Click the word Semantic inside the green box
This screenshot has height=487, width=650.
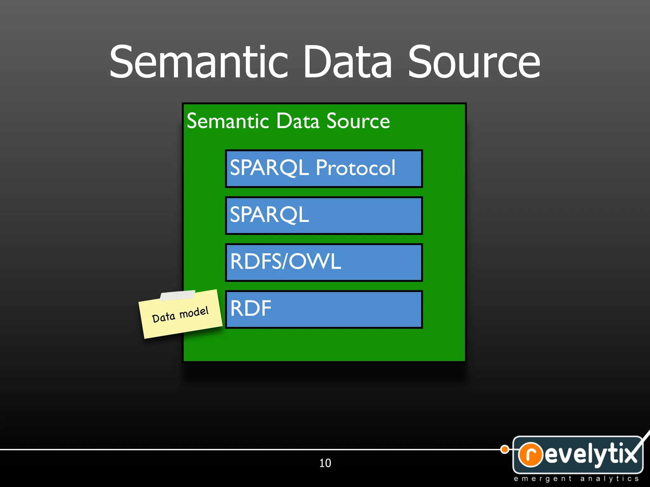pyautogui.click(x=228, y=121)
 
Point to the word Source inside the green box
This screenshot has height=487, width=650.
pyautogui.click(x=358, y=121)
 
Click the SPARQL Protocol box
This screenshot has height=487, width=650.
pyautogui.click(x=324, y=169)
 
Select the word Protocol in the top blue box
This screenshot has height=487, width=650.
pyautogui.click(x=355, y=168)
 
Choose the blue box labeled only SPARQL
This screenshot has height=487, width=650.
pyautogui.click(x=324, y=216)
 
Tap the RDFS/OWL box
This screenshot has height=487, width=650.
pyautogui.click(x=324, y=263)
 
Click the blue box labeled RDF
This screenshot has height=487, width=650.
pyautogui.click(x=324, y=309)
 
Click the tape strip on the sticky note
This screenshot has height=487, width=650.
pyautogui.click(x=177, y=295)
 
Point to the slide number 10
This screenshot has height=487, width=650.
pyautogui.click(x=325, y=463)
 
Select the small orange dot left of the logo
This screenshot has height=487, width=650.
pyautogui.click(x=505, y=449)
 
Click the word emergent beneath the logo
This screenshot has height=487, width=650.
pyautogui.click(x=542, y=479)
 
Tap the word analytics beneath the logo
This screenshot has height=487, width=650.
pyautogui.click(x=609, y=479)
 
